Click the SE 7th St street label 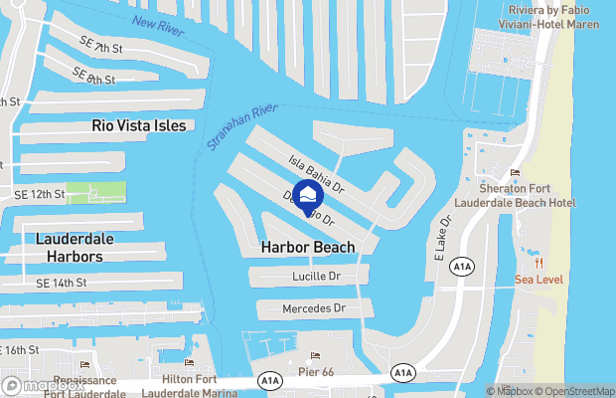(100, 47)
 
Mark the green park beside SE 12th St (96, 192)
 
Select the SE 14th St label (63, 284)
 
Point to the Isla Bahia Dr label (316, 173)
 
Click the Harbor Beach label (307, 247)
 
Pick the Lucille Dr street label (316, 276)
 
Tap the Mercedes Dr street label (314, 309)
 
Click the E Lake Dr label (443, 240)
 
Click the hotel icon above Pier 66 (316, 356)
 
